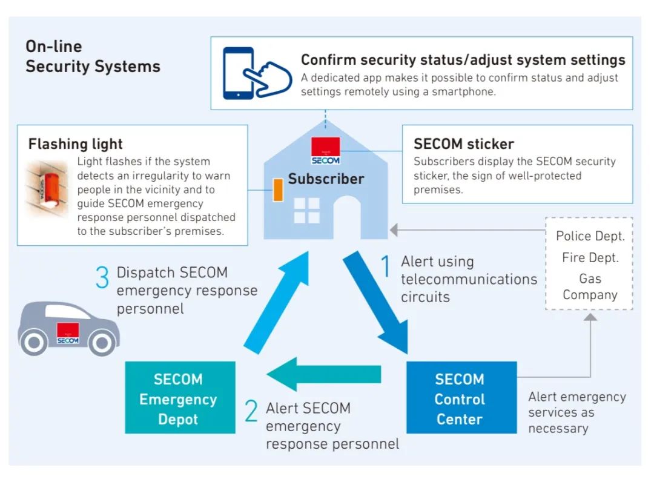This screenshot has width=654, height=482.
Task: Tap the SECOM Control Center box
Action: click(461, 398)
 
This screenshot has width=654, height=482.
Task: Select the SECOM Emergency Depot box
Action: click(180, 398)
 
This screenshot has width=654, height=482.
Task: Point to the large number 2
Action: click(251, 411)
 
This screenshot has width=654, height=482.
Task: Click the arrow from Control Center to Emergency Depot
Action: click(323, 374)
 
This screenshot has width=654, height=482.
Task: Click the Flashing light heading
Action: click(76, 144)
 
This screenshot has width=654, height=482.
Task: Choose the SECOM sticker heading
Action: click(463, 144)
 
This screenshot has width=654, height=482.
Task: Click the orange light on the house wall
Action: click(279, 190)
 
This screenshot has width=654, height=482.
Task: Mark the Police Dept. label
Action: click(590, 236)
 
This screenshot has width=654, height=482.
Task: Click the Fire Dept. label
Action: click(590, 257)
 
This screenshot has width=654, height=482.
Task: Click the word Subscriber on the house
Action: click(326, 179)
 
